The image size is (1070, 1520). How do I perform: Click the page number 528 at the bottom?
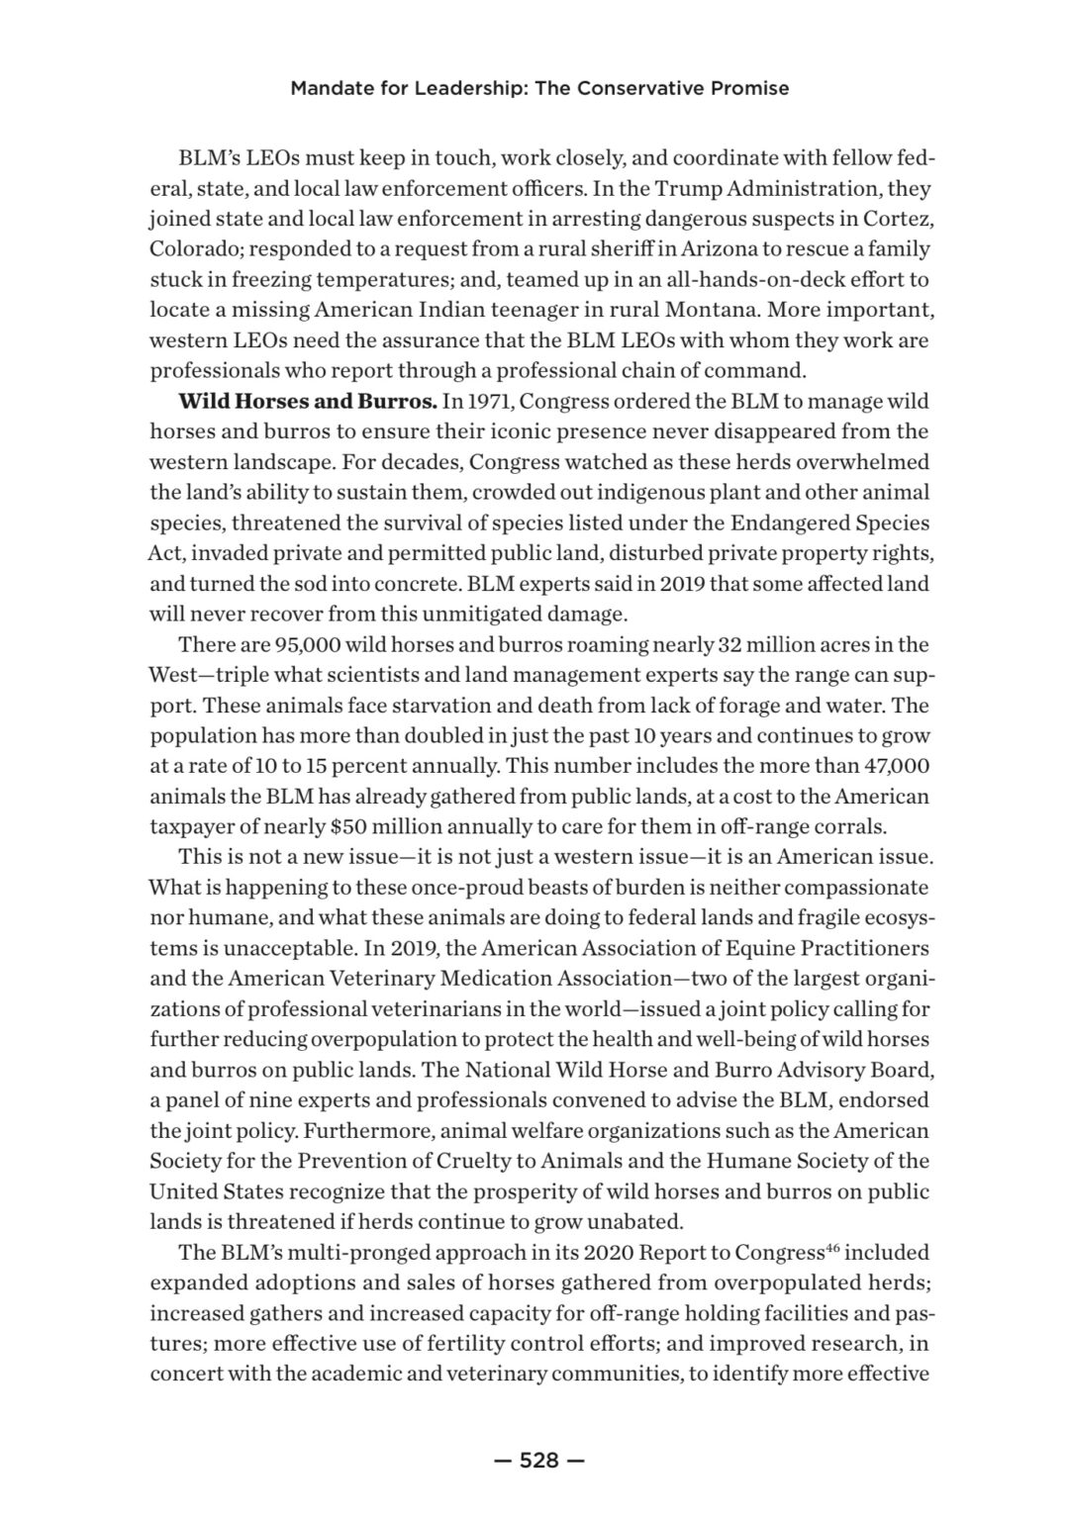[x=539, y=1460]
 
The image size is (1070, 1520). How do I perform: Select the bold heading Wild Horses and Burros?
[x=307, y=402]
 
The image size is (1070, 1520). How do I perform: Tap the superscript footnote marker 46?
[x=833, y=1248]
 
